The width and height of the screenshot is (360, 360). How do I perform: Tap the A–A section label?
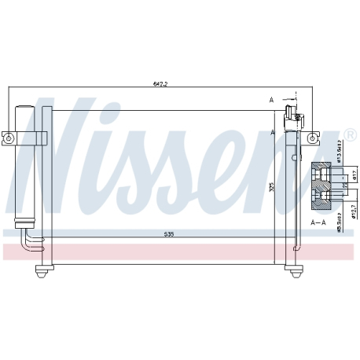pos(318,222)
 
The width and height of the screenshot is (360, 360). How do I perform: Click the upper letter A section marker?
pos(270,101)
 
